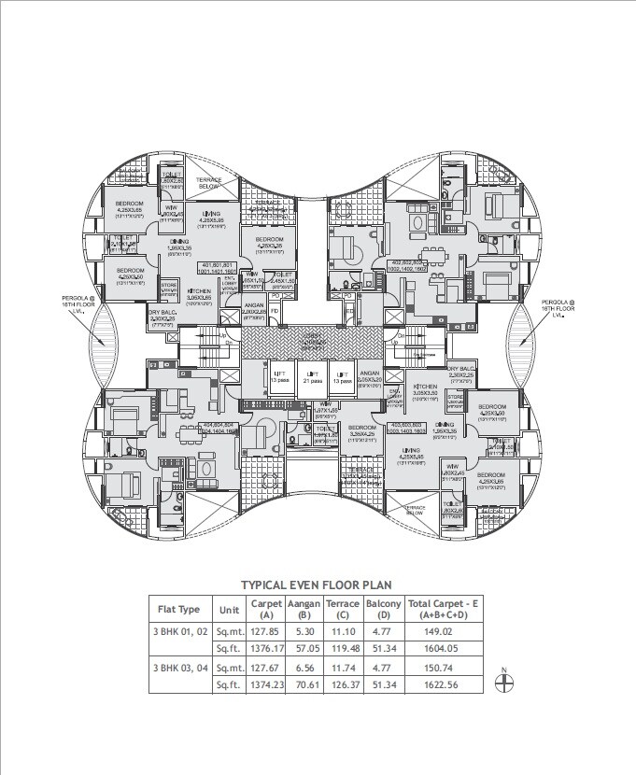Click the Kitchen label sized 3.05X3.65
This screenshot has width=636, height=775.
click(x=198, y=297)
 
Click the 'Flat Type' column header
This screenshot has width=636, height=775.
click(x=178, y=610)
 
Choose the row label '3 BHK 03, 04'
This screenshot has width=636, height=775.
click(x=181, y=668)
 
